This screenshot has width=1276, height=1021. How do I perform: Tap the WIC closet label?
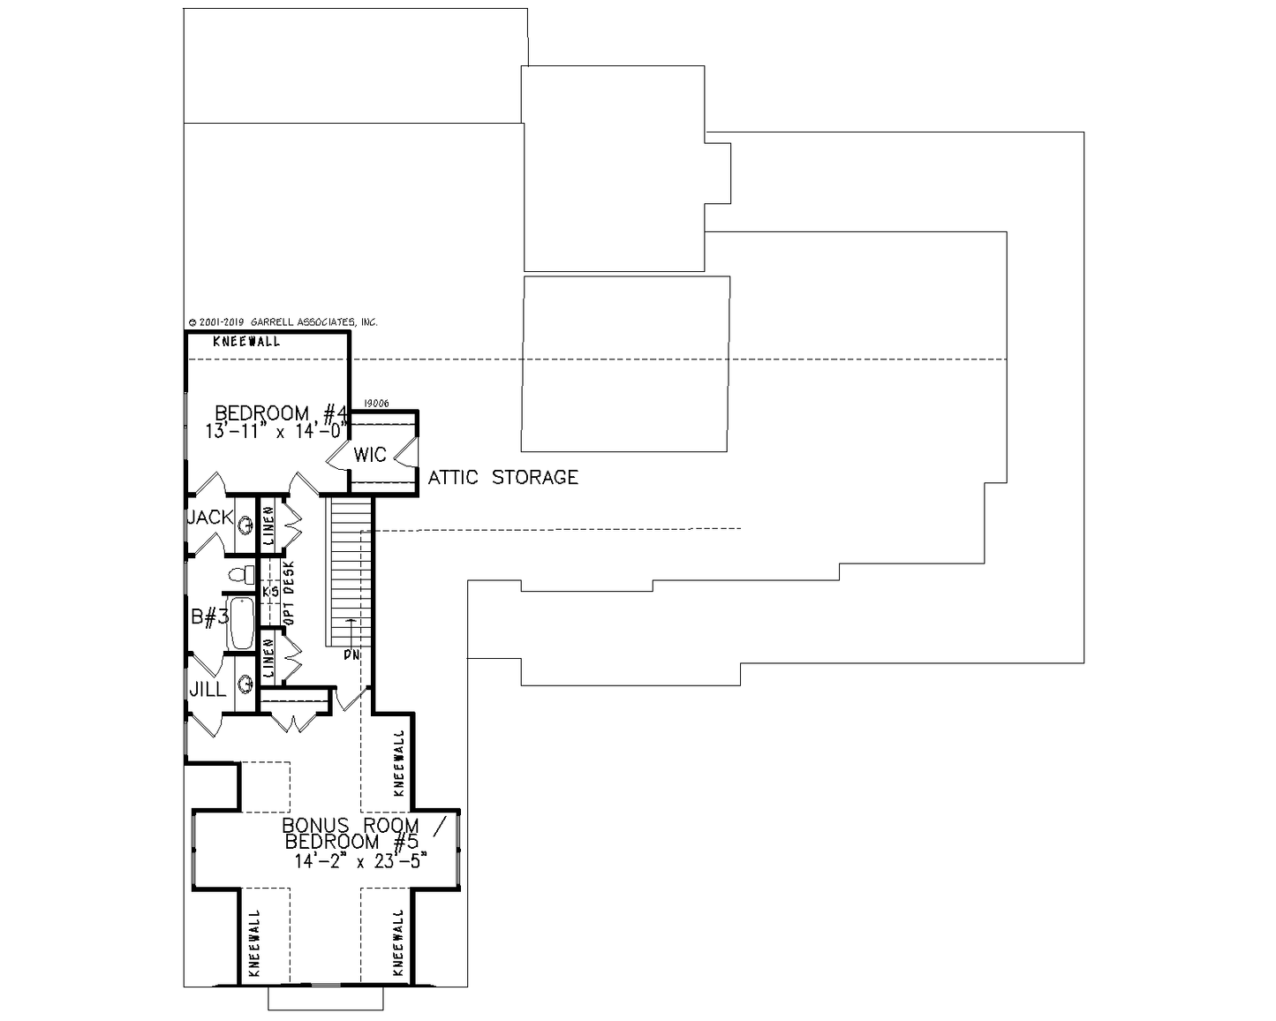(x=370, y=455)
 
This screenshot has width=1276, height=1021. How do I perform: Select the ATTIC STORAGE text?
(x=502, y=478)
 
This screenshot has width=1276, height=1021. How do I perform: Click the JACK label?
(x=210, y=518)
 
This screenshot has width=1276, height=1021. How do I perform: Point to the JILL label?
(x=208, y=690)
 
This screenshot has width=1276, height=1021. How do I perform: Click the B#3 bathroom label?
(x=209, y=617)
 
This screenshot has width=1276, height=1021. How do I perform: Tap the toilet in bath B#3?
(x=241, y=574)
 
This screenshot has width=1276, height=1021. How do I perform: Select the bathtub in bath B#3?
(x=241, y=624)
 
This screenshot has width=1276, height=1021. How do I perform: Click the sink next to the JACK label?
(x=245, y=525)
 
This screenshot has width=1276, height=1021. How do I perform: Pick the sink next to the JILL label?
(x=245, y=685)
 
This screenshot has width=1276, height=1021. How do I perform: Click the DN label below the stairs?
(x=351, y=655)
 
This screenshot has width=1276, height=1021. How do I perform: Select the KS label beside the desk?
(x=270, y=592)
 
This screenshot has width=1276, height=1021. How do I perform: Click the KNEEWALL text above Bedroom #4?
(x=246, y=342)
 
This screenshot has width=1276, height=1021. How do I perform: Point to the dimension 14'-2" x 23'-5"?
(x=360, y=861)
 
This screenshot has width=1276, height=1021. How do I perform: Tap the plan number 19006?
(x=376, y=404)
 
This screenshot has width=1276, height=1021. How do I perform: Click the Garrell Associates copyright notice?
(x=283, y=322)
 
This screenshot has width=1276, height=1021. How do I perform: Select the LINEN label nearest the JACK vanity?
(x=268, y=526)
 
